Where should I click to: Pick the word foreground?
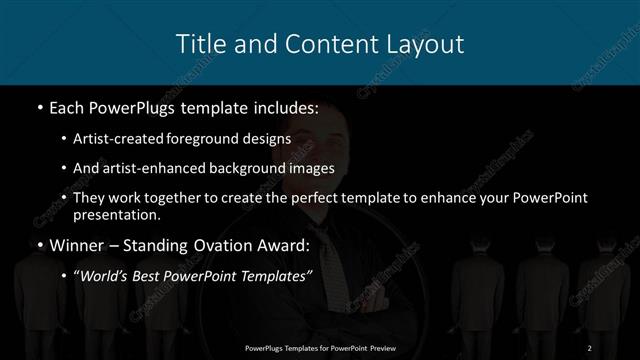point(214,139)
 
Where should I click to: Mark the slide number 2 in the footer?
point(591,347)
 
